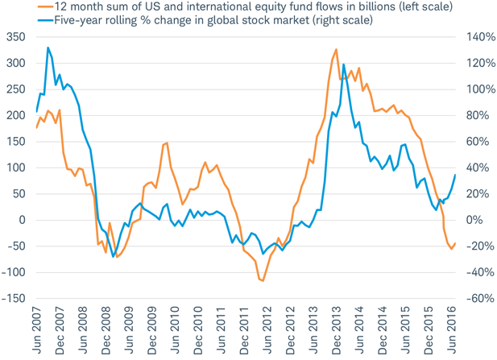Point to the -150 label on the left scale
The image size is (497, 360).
pyautogui.click(x=12, y=299)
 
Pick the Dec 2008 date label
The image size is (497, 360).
pyautogui.click(x=106, y=331)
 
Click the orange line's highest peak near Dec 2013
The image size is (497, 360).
pyautogui.click(x=336, y=50)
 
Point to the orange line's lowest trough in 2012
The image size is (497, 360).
pyautogui.click(x=263, y=281)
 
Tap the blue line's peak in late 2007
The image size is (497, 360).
pyautogui.click(x=48, y=48)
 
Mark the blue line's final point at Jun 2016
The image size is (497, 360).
pyautogui.click(x=455, y=175)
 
